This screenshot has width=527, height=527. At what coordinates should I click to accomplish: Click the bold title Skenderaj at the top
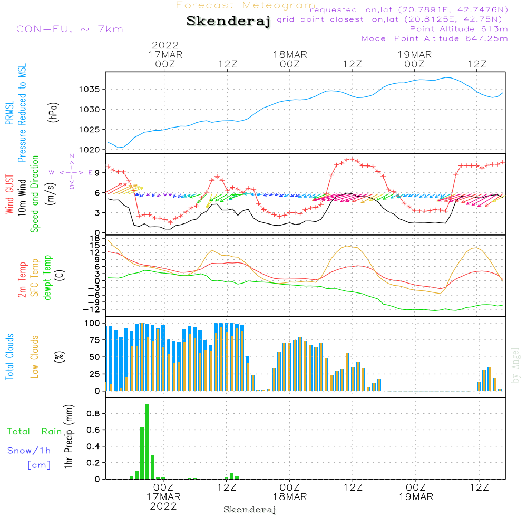coord(228,21)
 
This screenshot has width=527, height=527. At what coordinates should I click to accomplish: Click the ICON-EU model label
coord(67,28)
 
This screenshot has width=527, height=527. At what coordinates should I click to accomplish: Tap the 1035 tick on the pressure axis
coord(90,89)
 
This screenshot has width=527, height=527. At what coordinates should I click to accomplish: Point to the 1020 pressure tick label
coord(90,150)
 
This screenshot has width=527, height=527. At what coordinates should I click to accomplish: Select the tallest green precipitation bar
coord(148,441)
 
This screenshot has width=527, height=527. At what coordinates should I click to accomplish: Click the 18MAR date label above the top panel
coord(290,54)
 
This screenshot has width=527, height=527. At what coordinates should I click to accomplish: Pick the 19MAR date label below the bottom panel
coord(415,497)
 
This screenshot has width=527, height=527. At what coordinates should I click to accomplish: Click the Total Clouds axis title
coord(9,357)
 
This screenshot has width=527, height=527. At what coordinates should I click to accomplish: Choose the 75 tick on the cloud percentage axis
coord(94,340)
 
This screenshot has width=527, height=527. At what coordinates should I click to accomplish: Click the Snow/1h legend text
coord(30,451)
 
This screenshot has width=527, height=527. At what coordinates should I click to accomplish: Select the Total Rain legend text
coord(34,432)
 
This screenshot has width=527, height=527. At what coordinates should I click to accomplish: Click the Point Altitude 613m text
coord(458,28)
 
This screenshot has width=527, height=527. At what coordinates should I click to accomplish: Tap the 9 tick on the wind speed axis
coord(97,173)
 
